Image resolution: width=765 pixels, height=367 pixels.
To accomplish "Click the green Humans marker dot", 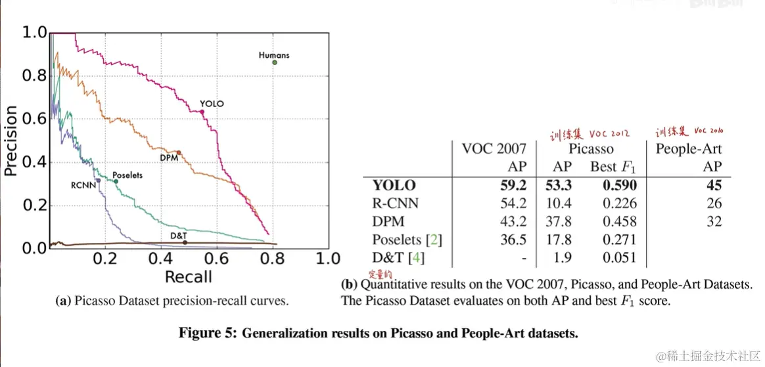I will pyautogui.click(x=275, y=63).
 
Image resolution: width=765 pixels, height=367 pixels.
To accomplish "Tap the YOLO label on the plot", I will pyautogui.click(x=212, y=104).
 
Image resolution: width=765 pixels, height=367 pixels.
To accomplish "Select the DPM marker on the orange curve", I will pyautogui.click(x=179, y=152).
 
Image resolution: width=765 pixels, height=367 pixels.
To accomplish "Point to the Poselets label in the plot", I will pyautogui.click(x=127, y=176).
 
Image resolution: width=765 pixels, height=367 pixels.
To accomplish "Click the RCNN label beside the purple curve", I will pyautogui.click(x=83, y=185).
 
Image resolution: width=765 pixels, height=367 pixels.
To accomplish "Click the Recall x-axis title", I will pyautogui.click(x=188, y=276).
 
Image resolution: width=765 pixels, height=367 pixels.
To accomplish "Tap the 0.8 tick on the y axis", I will pyautogui.click(x=34, y=76).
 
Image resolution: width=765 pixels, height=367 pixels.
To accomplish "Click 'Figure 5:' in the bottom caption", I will pyautogui.click(x=206, y=333).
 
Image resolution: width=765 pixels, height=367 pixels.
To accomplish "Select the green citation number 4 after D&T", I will pyautogui.click(x=417, y=258).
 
